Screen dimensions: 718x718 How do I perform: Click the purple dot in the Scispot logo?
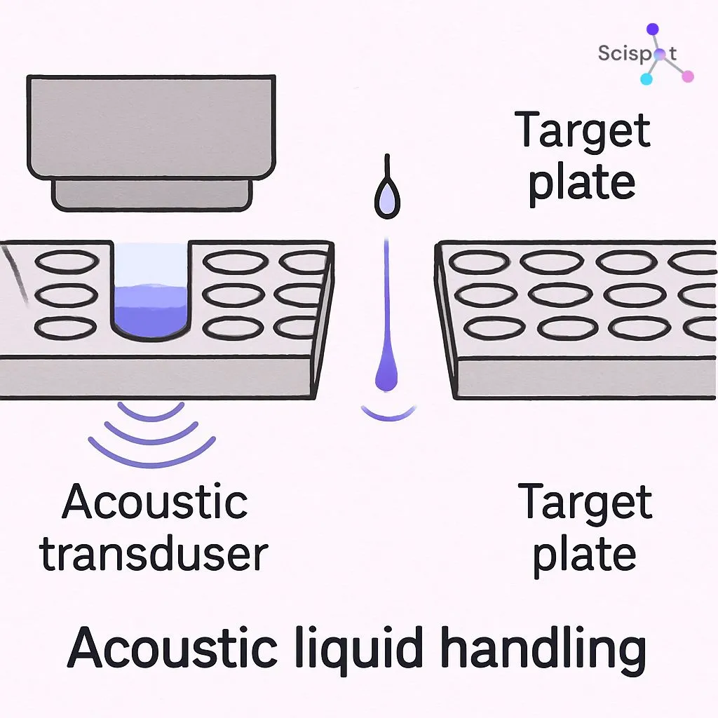653,29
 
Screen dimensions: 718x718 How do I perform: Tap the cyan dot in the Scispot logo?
646,79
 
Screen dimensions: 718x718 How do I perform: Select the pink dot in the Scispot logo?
688,76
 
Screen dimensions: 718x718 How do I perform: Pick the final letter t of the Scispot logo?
674,53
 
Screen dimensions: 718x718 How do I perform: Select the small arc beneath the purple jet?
387,415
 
